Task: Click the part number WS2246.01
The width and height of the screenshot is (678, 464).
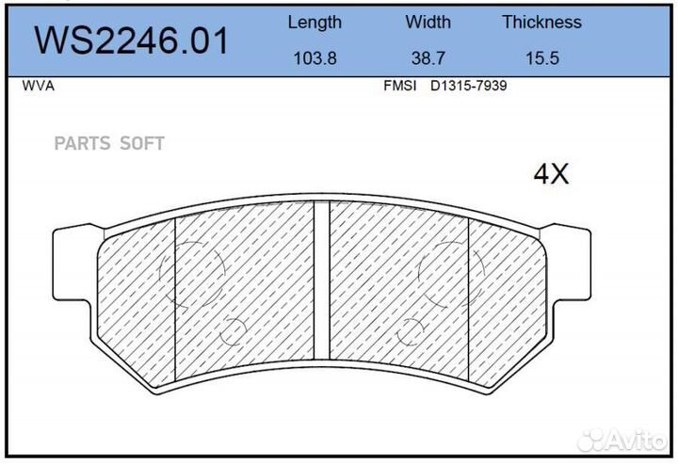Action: pyautogui.click(x=131, y=40)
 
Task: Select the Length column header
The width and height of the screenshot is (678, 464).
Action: pyautogui.click(x=315, y=22)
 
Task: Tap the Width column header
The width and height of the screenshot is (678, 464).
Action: pyautogui.click(x=428, y=22)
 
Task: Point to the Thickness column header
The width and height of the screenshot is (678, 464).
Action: pyautogui.click(x=541, y=22)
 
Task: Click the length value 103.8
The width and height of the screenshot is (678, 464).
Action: pyautogui.click(x=315, y=57)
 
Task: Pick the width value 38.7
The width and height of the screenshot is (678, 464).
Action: pyautogui.click(x=428, y=57)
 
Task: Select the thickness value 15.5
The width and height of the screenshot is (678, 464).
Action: pyautogui.click(x=541, y=57)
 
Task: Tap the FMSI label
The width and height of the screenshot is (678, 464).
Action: pyautogui.click(x=400, y=86)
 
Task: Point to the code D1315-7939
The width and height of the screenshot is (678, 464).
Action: pyautogui.click(x=469, y=86)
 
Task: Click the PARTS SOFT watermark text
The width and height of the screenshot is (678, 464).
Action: pyautogui.click(x=109, y=143)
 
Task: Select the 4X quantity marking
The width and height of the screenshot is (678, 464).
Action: pyautogui.click(x=552, y=173)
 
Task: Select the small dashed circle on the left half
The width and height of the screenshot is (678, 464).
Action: pyautogui.click(x=232, y=331)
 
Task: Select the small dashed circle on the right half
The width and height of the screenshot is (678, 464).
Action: pyautogui.click(x=411, y=331)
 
